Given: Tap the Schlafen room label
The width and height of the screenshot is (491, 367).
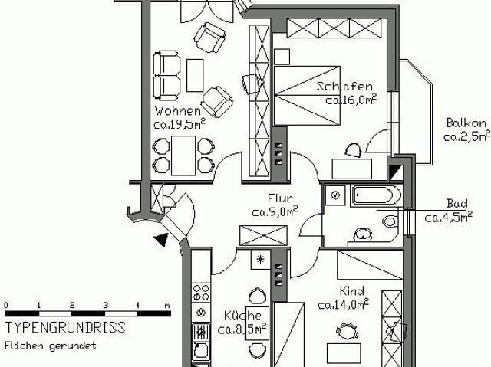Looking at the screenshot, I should [345, 87].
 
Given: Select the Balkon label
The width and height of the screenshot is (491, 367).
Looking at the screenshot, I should [466, 123].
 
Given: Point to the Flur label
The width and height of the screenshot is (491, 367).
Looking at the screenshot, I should [275, 198].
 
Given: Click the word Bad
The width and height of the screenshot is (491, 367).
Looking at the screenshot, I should [457, 204].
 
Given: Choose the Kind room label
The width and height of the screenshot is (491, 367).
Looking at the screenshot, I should [351, 292].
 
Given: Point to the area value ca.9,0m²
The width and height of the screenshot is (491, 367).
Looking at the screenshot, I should [275, 212].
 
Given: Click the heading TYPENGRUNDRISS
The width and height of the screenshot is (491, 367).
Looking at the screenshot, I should [65, 328].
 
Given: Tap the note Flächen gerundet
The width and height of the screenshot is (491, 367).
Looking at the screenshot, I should [51, 346].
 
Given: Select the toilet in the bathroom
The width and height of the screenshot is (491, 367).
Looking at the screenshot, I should [390, 221].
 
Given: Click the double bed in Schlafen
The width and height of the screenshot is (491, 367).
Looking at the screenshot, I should [307, 96].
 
